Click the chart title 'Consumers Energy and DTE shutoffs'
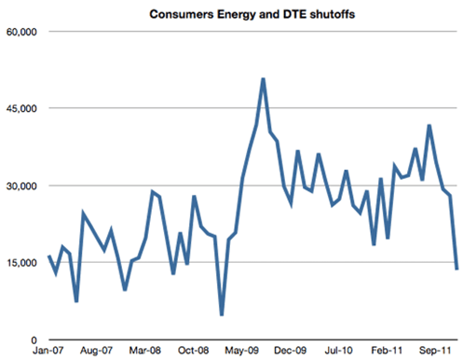tap(252, 14)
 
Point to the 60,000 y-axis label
tap(22, 32)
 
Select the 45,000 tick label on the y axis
tap(22, 109)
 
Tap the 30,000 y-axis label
tap(22, 186)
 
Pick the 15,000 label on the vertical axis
tap(22, 263)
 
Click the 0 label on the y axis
tap(34, 340)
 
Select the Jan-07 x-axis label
tap(48, 351)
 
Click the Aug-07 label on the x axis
tap(96, 351)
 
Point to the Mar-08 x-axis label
tap(145, 351)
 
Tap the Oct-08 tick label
tap(194, 351)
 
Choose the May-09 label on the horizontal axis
tap(242, 351)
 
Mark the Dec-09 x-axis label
tap(290, 351)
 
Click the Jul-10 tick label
tap(339, 351)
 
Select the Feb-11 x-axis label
tap(387, 351)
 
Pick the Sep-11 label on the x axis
tap(435, 351)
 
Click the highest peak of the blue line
tap(263, 79)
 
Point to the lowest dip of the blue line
tap(222, 315)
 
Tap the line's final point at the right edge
tap(457, 269)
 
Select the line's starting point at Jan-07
tap(49, 256)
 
